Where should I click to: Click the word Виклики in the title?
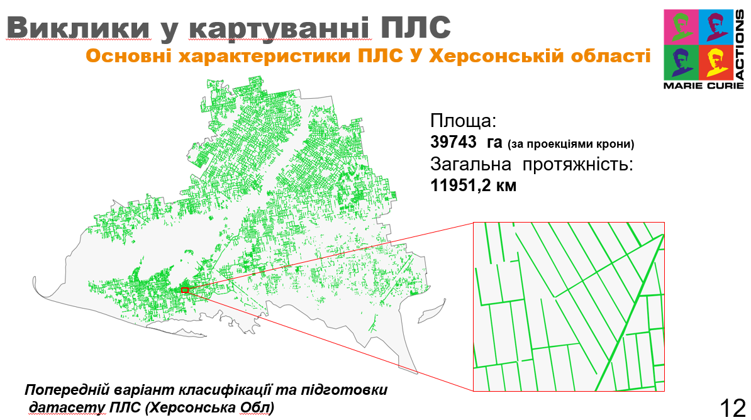point(79,27)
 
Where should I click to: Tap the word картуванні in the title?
point(280,28)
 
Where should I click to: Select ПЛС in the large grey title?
point(416,27)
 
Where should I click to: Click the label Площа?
point(463,120)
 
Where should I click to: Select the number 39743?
point(453,141)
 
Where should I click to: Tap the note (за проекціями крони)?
point(570,144)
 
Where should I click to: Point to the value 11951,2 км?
point(473,185)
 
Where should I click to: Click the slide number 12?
point(733,408)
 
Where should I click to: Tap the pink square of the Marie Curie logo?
point(681,27)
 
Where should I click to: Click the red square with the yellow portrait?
point(716,62)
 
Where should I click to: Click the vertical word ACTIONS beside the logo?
point(740,45)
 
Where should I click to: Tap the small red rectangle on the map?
point(185,290)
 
